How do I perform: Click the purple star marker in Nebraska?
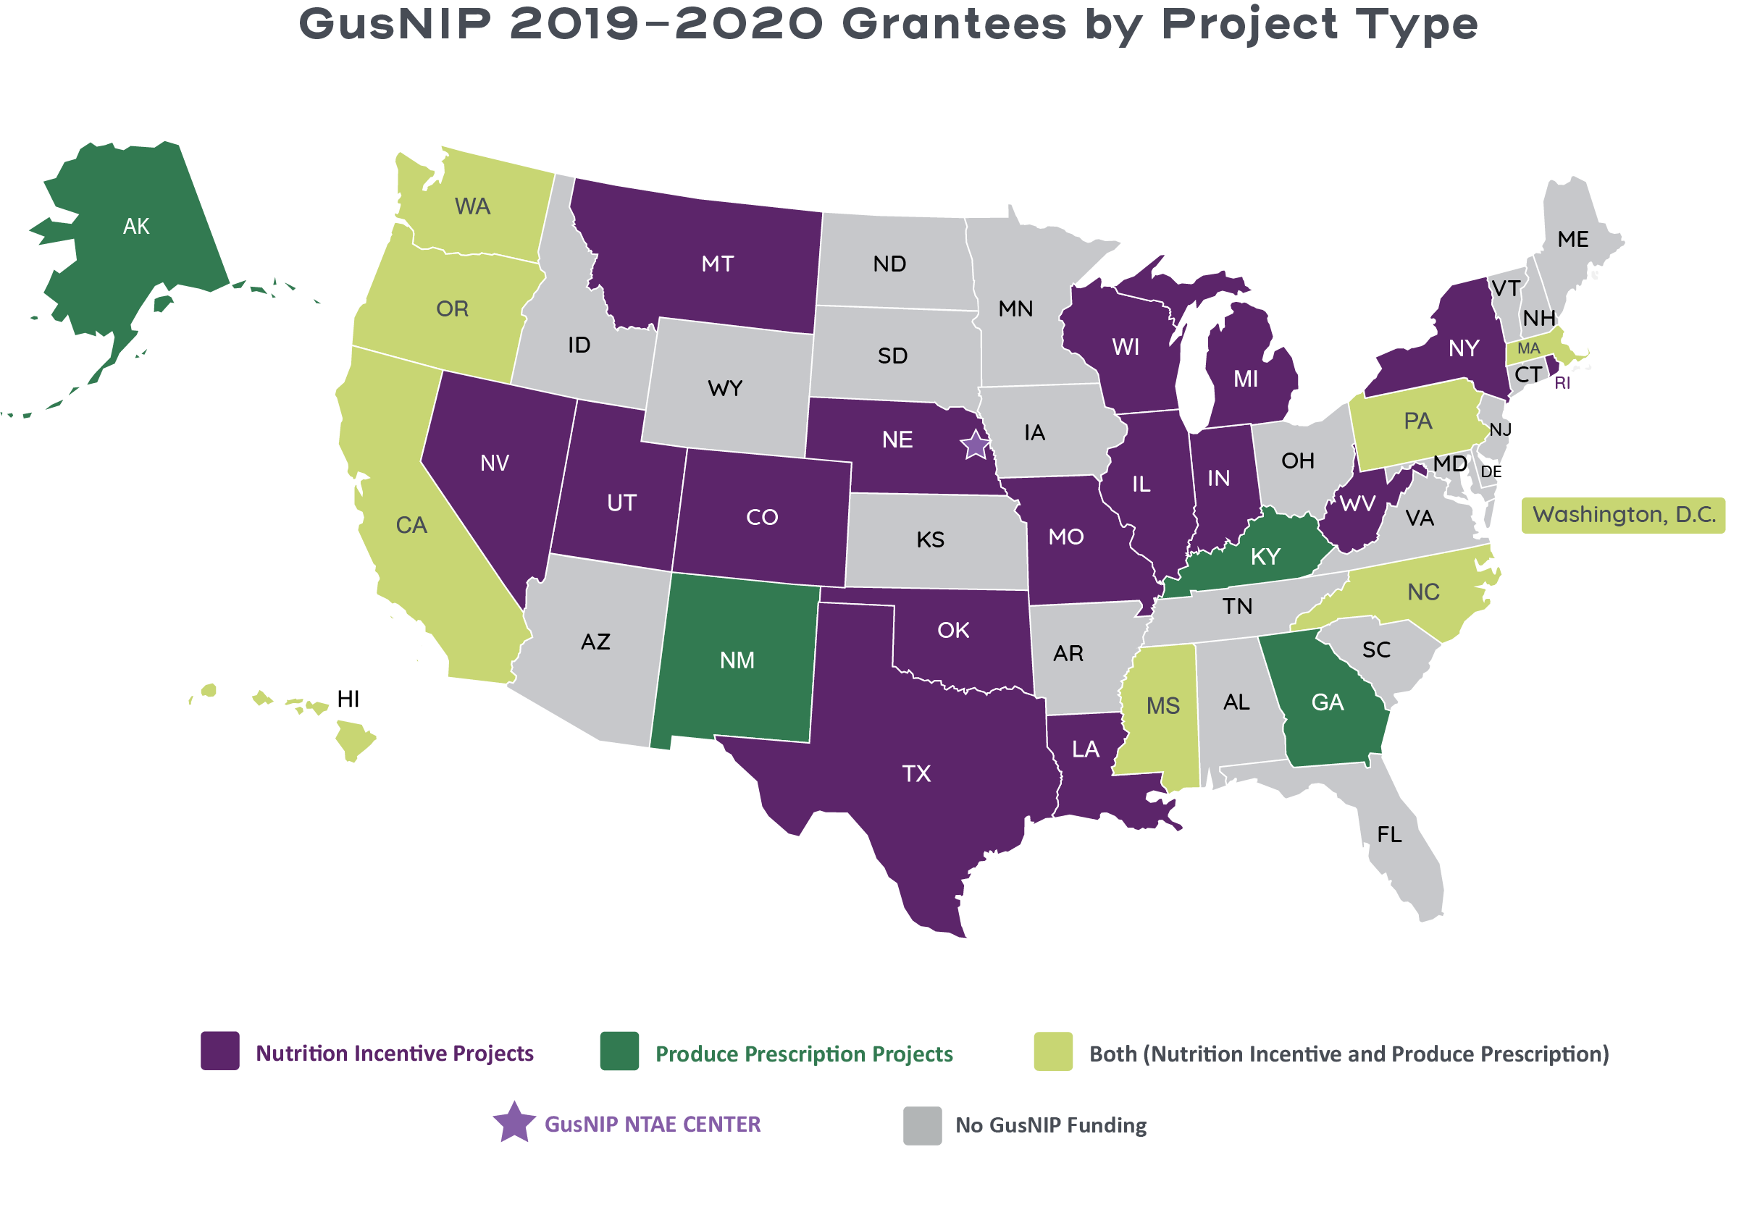pyautogui.click(x=975, y=445)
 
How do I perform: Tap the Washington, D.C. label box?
pyautogui.click(x=1623, y=515)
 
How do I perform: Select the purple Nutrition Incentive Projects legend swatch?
pyautogui.click(x=220, y=1051)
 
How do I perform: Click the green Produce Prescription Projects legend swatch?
pyautogui.click(x=619, y=1051)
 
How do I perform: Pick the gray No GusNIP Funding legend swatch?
pyautogui.click(x=922, y=1126)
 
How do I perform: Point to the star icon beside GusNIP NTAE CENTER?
pyautogui.click(x=514, y=1123)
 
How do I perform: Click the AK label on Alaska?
pyautogui.click(x=136, y=227)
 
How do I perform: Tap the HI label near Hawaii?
pyautogui.click(x=348, y=699)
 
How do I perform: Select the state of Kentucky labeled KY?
pyautogui.click(x=1265, y=556)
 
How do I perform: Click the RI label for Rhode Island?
pyautogui.click(x=1562, y=383)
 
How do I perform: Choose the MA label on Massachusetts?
pyautogui.click(x=1528, y=349)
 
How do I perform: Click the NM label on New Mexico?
pyautogui.click(x=737, y=660)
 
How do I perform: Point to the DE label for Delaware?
pyautogui.click(x=1491, y=472)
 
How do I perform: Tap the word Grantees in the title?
pyautogui.click(x=955, y=25)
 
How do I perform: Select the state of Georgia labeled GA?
pyautogui.click(x=1328, y=702)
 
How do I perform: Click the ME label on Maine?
pyautogui.click(x=1573, y=240)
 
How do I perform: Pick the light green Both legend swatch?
pyautogui.click(x=1053, y=1051)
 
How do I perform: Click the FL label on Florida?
pyautogui.click(x=1390, y=834)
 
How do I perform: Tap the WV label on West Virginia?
pyautogui.click(x=1357, y=504)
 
